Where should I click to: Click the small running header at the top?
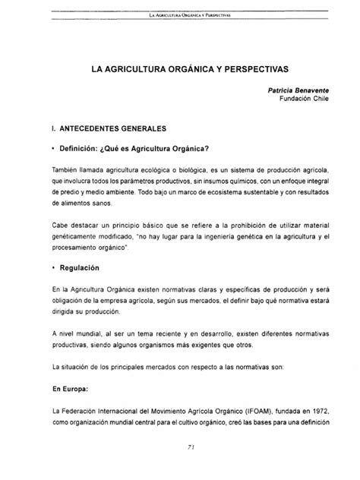tap(180, 14)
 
